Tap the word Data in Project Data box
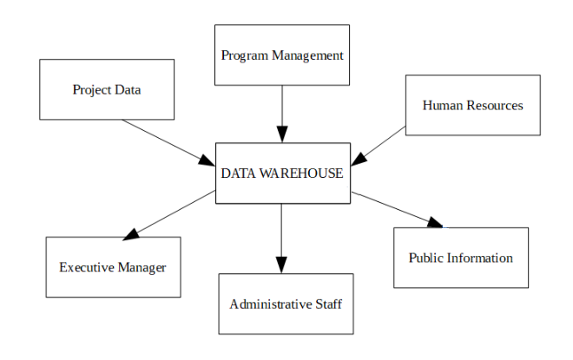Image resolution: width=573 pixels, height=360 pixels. tap(128, 89)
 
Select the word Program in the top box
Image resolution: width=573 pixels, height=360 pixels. tap(243, 56)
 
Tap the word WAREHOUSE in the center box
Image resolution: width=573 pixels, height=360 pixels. tap(300, 173)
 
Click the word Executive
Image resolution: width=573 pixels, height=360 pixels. tap(87, 267)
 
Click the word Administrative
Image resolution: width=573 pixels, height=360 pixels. tap(268, 304)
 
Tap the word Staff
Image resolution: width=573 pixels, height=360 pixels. tap(328, 304)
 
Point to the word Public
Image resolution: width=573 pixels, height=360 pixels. tap(427, 258)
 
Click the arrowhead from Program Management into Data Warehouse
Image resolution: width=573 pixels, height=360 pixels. tap(282, 134)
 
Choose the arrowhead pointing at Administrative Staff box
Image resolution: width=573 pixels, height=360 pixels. tap(282, 265)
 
